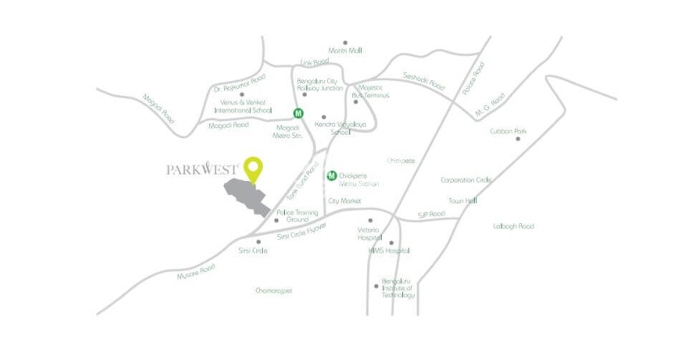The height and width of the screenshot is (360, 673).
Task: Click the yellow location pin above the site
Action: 253,167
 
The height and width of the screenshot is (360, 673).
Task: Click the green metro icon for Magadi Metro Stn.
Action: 297,112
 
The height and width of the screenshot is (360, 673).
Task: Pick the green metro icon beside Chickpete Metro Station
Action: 331,175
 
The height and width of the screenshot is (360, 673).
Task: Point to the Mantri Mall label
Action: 344,50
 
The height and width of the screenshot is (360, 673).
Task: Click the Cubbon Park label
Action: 508,132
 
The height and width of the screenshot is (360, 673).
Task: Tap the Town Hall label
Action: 463,201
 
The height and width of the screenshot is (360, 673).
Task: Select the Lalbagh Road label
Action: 513,226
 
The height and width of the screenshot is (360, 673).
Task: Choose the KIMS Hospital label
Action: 389,250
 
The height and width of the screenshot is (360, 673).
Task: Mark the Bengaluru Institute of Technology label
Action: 398,288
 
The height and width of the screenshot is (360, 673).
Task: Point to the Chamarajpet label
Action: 274,291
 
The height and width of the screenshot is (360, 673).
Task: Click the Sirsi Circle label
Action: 253,250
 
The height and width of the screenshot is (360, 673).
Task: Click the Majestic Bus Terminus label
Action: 371,92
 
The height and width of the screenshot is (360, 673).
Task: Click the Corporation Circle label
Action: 465,180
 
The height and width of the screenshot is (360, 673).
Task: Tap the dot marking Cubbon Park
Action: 518,138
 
